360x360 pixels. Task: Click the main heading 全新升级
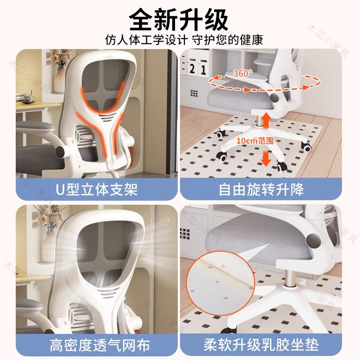(179, 20)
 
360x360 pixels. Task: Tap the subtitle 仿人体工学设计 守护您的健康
(184, 40)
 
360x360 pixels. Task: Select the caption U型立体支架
(96, 189)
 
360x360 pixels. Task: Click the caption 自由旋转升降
(261, 189)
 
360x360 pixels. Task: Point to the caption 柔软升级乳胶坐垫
(261, 345)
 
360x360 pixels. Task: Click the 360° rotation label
(243, 73)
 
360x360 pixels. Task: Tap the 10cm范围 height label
(255, 140)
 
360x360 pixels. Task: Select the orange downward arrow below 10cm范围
(266, 158)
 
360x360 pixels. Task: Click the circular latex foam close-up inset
(220, 283)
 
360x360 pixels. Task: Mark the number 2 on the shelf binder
(193, 69)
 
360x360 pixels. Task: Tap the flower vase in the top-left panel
(60, 80)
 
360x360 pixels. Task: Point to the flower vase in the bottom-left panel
(49, 246)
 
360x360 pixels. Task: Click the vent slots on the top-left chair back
(107, 117)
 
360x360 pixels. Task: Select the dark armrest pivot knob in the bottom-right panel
(313, 241)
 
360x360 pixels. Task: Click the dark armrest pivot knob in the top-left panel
(62, 151)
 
